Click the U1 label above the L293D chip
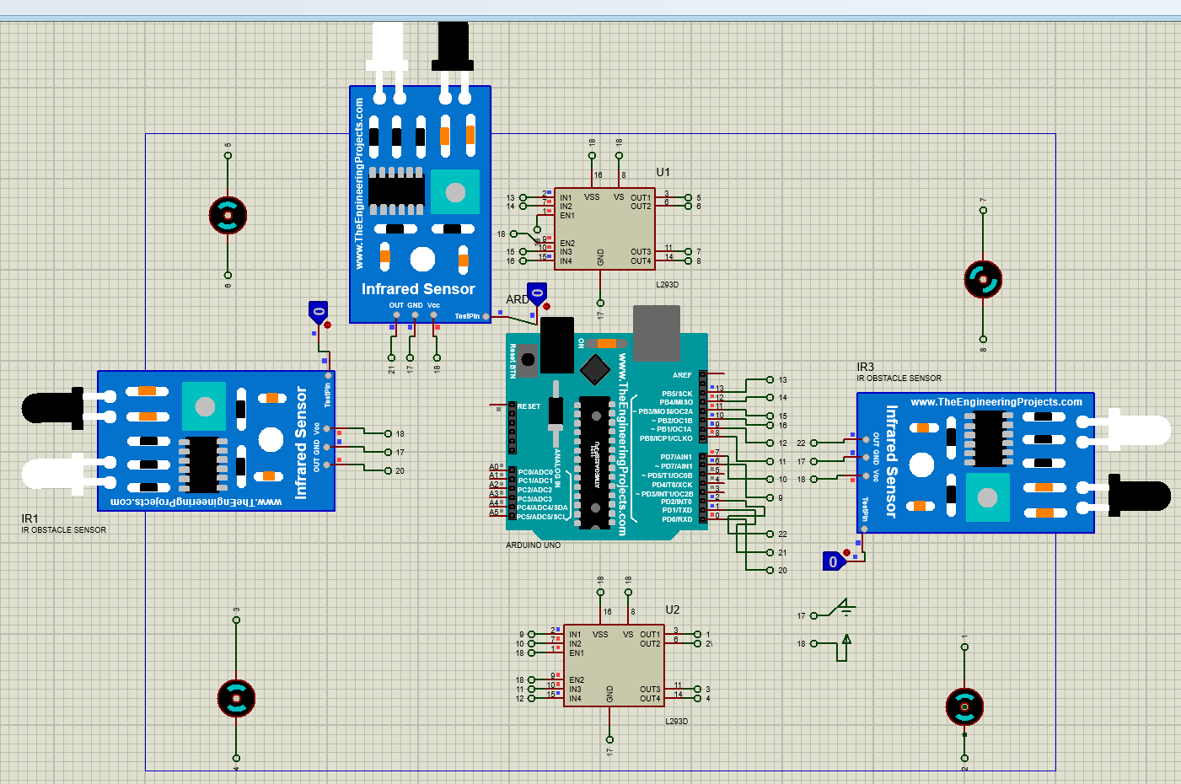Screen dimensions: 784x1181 point(663,172)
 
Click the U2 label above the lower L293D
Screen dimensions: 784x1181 point(672,609)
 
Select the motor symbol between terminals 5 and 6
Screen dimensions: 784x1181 point(228,216)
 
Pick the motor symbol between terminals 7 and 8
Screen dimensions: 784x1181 point(983,279)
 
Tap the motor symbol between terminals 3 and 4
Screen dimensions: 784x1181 point(236,698)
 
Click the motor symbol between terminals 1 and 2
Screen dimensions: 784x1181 point(964,707)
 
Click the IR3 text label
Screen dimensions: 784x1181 point(865,367)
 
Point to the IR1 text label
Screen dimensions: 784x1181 point(30,518)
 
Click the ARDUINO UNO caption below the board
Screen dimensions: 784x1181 point(533,545)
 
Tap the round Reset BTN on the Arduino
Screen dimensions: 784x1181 point(528,359)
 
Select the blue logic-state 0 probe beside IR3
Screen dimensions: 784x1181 point(833,561)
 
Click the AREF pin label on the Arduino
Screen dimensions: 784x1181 point(682,375)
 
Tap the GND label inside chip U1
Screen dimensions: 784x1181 point(600,257)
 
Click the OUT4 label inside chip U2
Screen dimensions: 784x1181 point(650,699)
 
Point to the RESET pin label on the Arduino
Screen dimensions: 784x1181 point(529,406)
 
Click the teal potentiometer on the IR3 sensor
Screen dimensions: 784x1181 point(987,497)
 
